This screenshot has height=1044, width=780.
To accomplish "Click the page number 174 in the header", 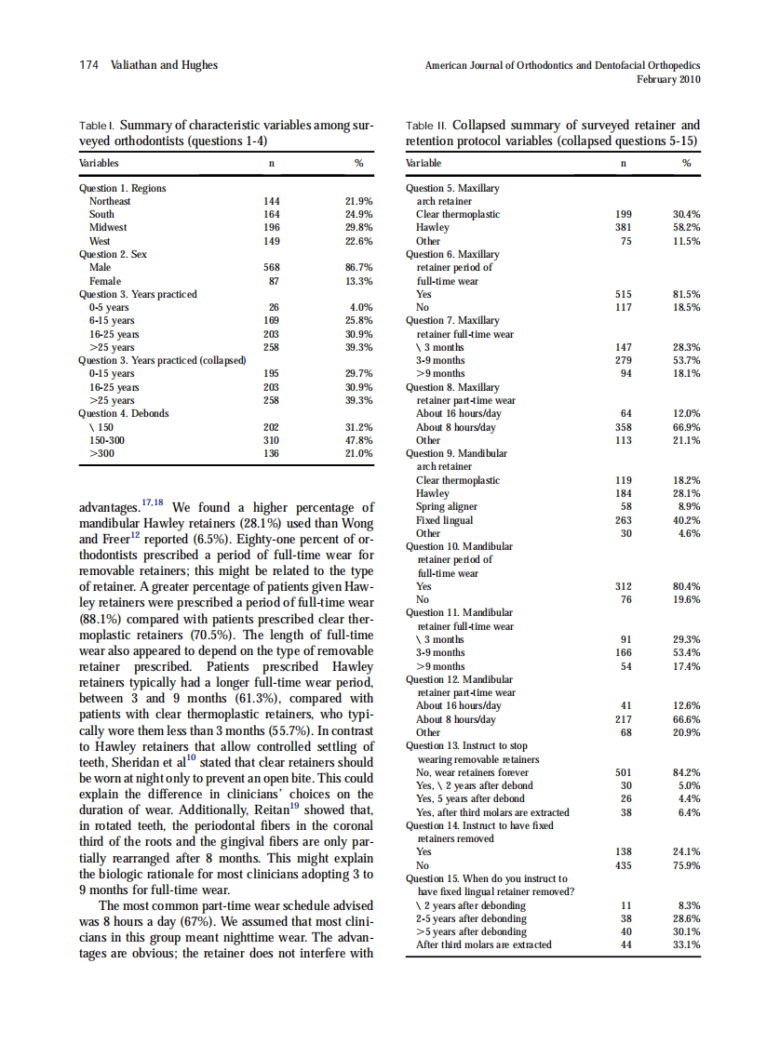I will pyautogui.click(x=87, y=65).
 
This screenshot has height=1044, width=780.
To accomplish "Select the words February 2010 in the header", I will pyautogui.click(x=668, y=79).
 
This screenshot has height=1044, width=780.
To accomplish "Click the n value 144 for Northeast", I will pyautogui.click(x=273, y=201).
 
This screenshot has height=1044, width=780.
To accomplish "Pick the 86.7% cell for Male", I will pyautogui.click(x=358, y=267).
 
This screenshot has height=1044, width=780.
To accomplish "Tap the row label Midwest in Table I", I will pyautogui.click(x=108, y=227).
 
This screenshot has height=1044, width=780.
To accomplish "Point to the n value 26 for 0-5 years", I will pyautogui.click(x=274, y=307).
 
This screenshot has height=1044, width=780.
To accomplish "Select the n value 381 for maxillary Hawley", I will pyautogui.click(x=624, y=227).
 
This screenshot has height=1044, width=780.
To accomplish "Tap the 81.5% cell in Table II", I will pyautogui.click(x=686, y=294).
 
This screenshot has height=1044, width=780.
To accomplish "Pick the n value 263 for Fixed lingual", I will pyautogui.click(x=624, y=521).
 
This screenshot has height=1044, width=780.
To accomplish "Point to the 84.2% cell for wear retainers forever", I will pyautogui.click(x=686, y=772).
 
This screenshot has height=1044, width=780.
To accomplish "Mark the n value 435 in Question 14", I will pyautogui.click(x=624, y=865).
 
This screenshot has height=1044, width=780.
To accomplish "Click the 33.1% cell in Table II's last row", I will pyautogui.click(x=686, y=944).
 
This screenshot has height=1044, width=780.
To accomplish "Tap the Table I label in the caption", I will pyautogui.click(x=97, y=126).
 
